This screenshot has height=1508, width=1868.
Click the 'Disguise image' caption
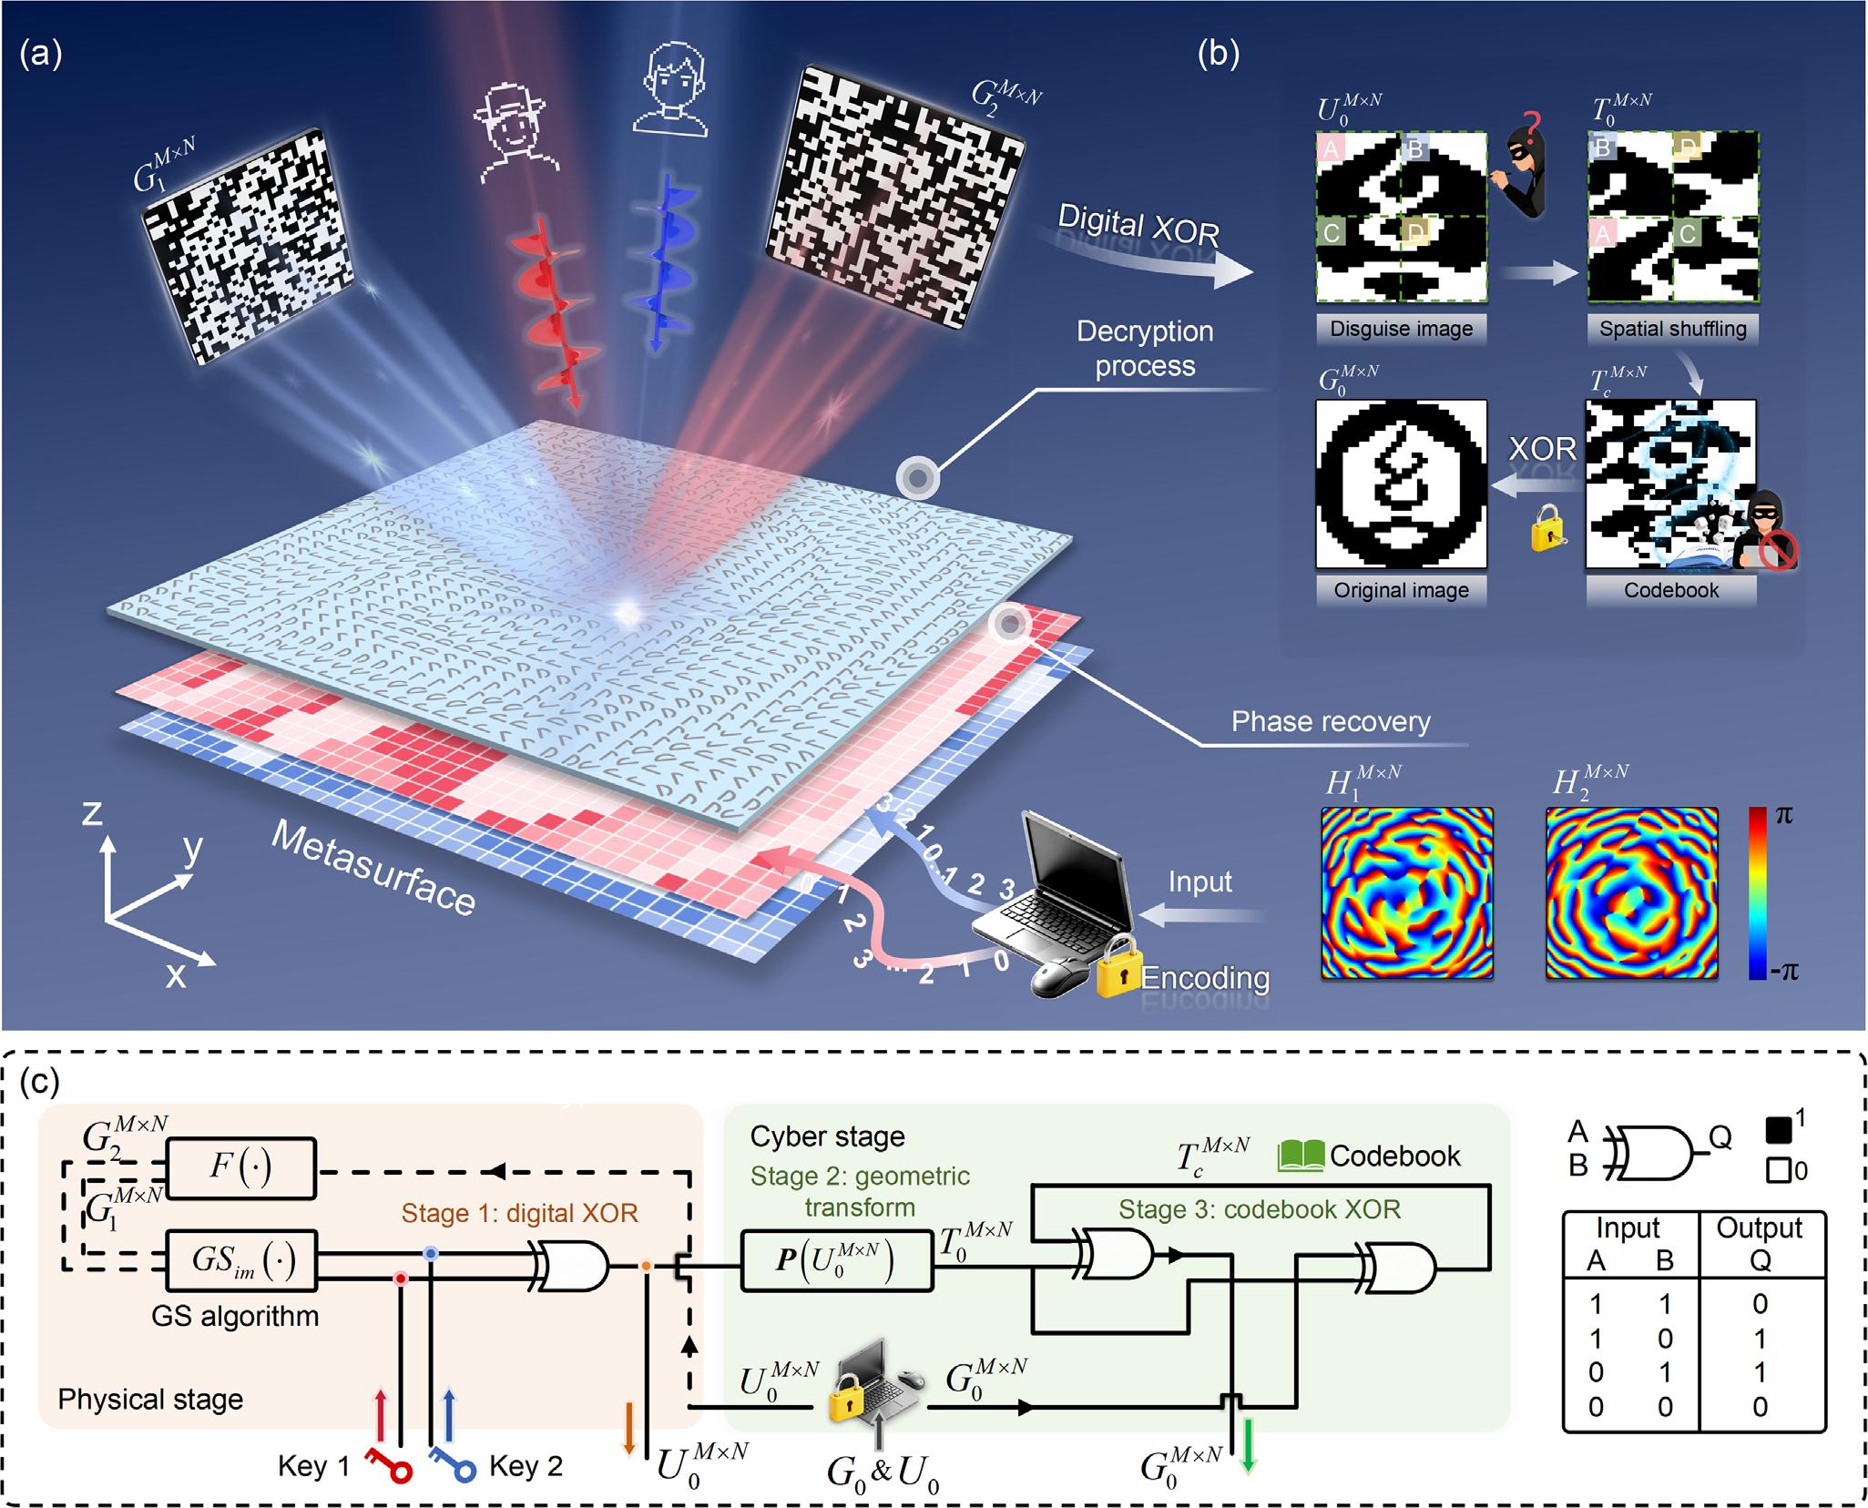click(1401, 329)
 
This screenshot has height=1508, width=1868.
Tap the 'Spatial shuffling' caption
click(1672, 329)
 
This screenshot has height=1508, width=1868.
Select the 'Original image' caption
click(1401, 590)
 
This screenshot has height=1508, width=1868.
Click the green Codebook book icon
click(1301, 1156)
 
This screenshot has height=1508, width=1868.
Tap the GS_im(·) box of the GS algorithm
click(240, 1261)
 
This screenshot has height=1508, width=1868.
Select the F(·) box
click(240, 1168)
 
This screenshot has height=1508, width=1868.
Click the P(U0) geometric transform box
click(837, 1261)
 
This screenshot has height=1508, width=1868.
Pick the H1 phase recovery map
click(1407, 892)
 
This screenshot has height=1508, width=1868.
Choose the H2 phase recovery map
click(1632, 892)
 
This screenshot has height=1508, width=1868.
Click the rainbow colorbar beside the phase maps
click(1757, 892)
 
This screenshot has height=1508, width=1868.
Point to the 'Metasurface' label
click(373, 869)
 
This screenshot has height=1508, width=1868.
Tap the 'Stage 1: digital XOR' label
click(520, 1213)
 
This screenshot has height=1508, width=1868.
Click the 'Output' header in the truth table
click(1759, 1228)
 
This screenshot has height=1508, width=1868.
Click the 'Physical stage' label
click(150, 1400)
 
